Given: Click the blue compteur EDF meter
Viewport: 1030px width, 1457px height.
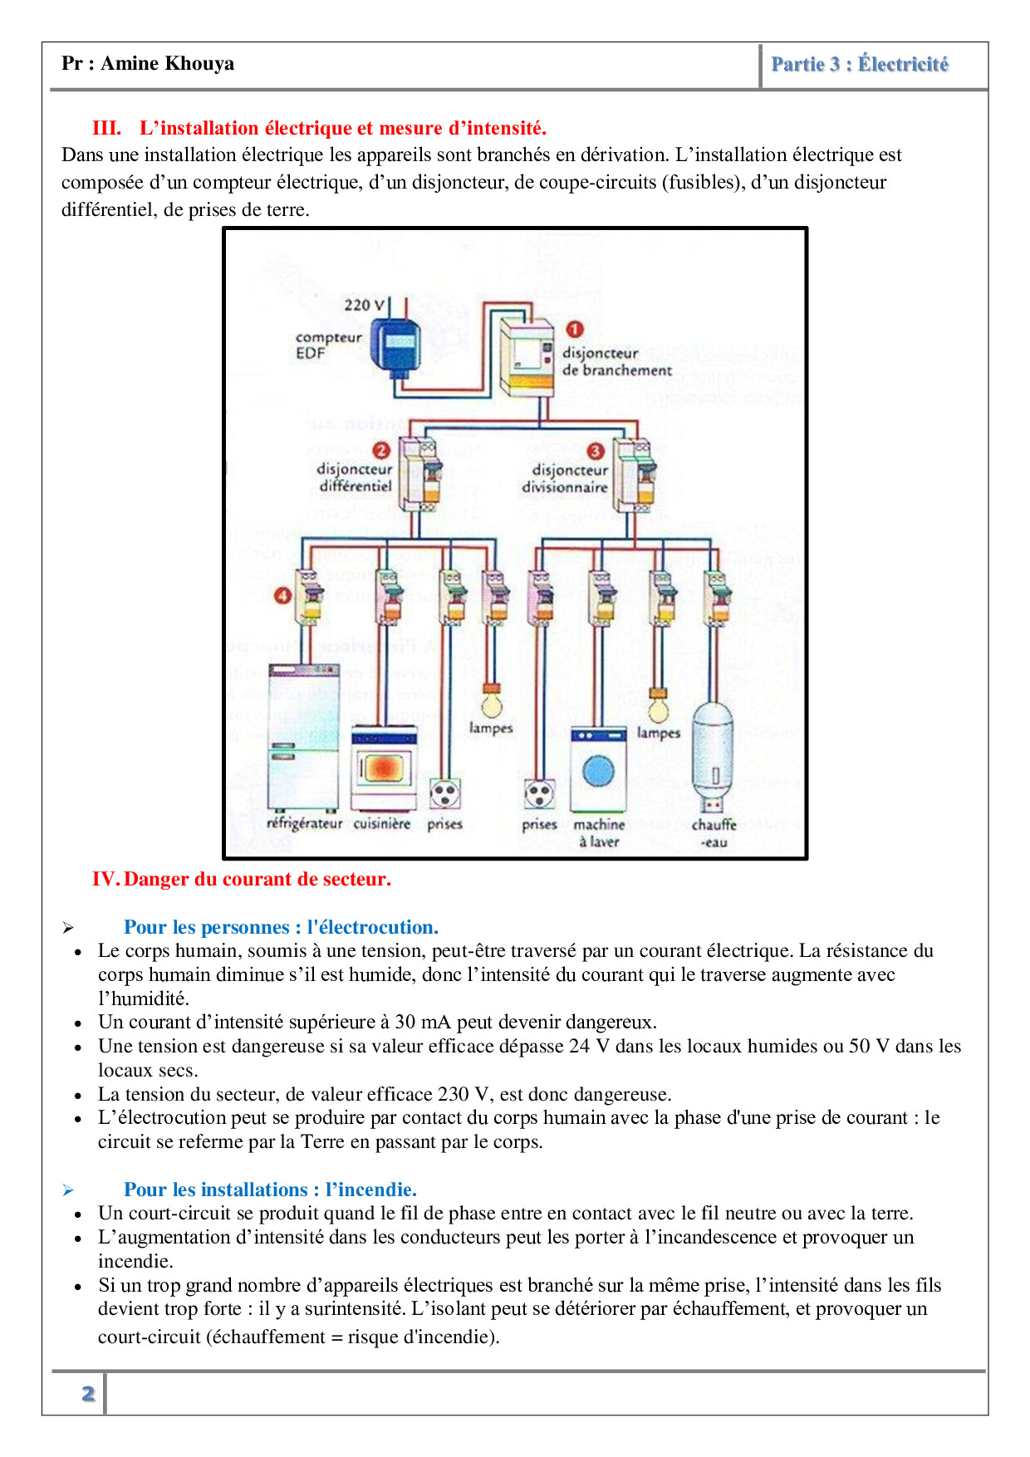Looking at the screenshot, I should point(395,341).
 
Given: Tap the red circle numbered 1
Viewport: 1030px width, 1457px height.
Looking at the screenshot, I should point(574,329).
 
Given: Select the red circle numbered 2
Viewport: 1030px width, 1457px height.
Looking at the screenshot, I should point(381,450).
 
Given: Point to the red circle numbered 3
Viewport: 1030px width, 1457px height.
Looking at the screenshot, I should point(596,451).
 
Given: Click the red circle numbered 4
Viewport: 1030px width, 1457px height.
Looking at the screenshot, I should point(283,596).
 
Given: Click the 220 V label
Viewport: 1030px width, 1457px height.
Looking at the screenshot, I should point(365,305).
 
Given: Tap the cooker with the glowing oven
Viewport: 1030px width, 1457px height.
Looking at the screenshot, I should point(384,768).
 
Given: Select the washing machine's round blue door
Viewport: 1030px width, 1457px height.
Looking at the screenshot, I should point(598,772).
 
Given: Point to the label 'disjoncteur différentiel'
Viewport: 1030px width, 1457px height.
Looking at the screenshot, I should point(355,478).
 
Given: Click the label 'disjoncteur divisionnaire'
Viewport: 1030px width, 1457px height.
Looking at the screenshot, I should point(566,478).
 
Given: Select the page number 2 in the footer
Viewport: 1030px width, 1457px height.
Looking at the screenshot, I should point(88,1393).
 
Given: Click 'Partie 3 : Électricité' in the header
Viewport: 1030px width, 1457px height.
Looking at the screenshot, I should point(860,65).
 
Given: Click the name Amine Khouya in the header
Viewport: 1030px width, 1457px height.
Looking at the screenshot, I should point(167,64).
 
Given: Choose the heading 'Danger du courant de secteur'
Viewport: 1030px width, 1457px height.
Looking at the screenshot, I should point(257,879).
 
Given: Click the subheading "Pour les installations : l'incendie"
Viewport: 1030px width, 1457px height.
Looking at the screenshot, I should point(270,1190).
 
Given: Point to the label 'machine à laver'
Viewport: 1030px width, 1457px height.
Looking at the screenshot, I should point(599,832).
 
